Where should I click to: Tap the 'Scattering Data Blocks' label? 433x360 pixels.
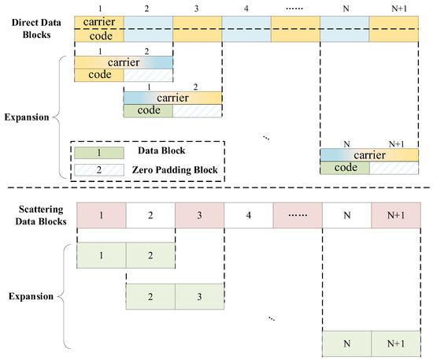click(36, 214)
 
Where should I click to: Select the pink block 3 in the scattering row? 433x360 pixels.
click(198, 214)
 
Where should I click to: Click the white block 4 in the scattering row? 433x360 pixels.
click(247, 214)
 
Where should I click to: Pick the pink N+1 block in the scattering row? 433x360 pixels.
click(394, 214)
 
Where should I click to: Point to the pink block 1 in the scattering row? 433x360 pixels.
click(100, 214)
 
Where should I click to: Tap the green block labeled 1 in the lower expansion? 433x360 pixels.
click(100, 256)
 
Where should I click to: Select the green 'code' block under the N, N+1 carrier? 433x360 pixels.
click(344, 168)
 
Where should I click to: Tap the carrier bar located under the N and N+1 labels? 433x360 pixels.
click(369, 155)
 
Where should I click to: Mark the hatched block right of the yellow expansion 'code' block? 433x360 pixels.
click(148, 75)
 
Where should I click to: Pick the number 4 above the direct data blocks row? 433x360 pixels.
click(247, 8)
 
